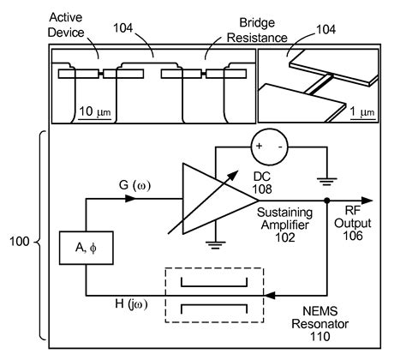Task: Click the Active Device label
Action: pos(76,23)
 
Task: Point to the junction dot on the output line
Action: pos(327,202)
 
